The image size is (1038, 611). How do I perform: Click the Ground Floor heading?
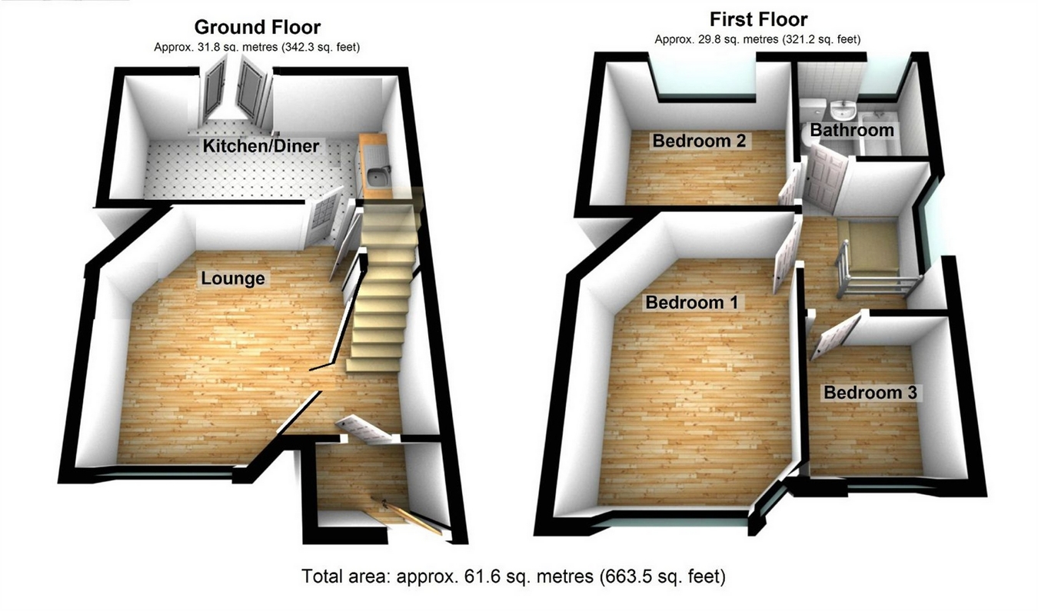(257, 28)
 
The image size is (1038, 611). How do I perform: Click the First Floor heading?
(758, 18)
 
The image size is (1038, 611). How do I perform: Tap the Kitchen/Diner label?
(261, 145)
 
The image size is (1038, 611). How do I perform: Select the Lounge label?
(233, 278)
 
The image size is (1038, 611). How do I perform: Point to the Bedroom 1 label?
(691, 302)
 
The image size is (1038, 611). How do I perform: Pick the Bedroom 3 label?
(870, 393)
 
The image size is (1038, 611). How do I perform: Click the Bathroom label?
(852, 131)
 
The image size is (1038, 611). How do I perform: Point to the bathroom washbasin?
(844, 105)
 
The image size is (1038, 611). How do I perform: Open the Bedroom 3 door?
(835, 336)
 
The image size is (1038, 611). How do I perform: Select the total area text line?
(513, 576)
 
